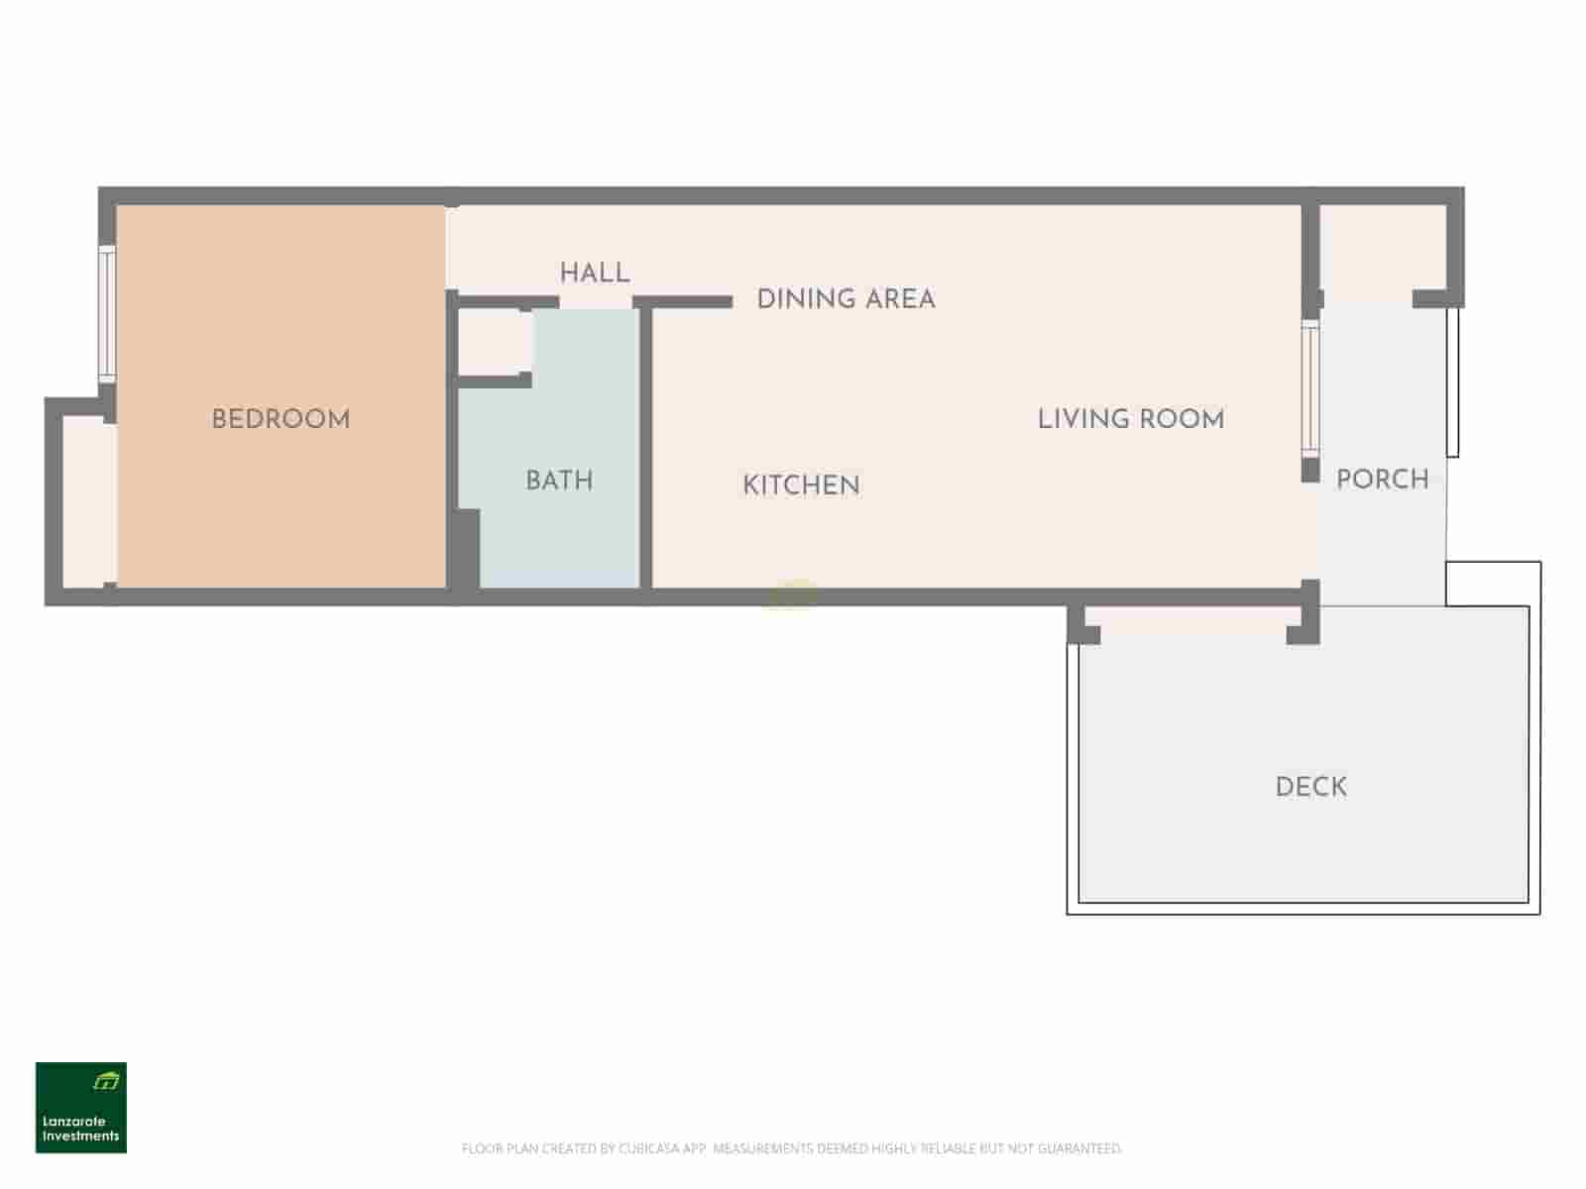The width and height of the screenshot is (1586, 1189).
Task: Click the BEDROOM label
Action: coord(281,419)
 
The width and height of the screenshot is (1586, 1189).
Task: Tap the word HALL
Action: coord(595,272)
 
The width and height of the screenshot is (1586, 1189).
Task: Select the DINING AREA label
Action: coord(847,299)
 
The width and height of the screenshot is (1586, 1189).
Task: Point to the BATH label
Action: coord(559,481)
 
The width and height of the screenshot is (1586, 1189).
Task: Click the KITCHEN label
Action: coord(801,486)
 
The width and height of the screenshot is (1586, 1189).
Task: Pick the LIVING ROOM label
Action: coord(1131,419)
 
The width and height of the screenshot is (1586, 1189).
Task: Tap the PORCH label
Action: coord(1382,480)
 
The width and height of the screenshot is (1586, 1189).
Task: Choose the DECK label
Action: coord(1311,787)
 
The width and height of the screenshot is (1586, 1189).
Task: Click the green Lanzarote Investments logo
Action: coord(81,1108)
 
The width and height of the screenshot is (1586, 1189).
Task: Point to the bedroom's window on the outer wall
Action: coord(107,314)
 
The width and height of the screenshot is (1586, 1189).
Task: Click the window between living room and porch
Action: coord(1310,388)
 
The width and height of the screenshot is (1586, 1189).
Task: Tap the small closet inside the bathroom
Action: coord(496,342)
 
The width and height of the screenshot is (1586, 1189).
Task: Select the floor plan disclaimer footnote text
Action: coord(791,1147)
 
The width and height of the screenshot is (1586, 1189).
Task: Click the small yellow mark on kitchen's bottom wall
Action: coord(790,594)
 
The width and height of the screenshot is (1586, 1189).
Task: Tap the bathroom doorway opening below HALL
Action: coord(596,303)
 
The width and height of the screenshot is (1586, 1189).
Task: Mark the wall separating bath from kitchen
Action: coord(646,448)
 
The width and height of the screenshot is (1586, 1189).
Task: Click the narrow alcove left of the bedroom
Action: coord(89,501)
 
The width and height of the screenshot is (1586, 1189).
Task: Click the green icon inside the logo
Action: coord(106,1081)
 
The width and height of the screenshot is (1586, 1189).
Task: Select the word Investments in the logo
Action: coord(81,1135)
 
